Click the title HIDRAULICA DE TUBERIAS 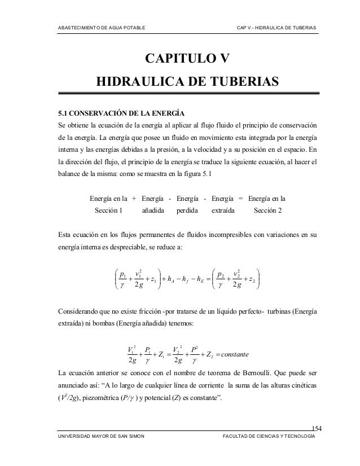click(187, 83)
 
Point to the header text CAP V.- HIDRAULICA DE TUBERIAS click(276, 28)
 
